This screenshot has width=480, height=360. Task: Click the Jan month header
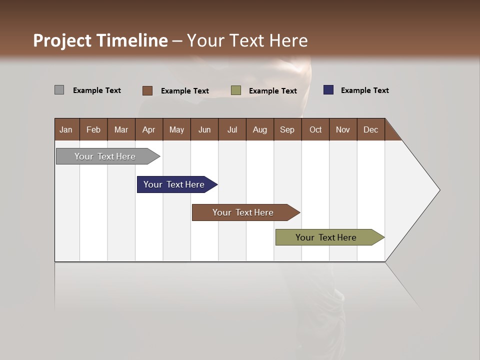pos(66,129)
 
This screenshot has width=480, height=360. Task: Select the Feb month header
pos(93,129)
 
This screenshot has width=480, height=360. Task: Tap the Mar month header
pos(121,129)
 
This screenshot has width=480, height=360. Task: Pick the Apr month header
pos(149,129)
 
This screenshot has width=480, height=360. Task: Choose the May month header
pos(176,129)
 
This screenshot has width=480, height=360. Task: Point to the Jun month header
pos(204,129)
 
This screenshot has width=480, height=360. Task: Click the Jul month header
pos(232,129)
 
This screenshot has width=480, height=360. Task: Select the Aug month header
pos(260,129)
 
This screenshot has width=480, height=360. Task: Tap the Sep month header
pos(287,129)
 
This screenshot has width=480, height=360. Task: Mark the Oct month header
pos(315,129)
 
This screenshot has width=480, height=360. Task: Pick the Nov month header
pos(343,129)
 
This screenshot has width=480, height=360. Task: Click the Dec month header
pos(371,129)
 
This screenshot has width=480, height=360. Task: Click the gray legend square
pos(59,90)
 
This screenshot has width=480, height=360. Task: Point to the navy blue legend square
pos(328,90)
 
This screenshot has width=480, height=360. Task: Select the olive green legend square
pos(236,90)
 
